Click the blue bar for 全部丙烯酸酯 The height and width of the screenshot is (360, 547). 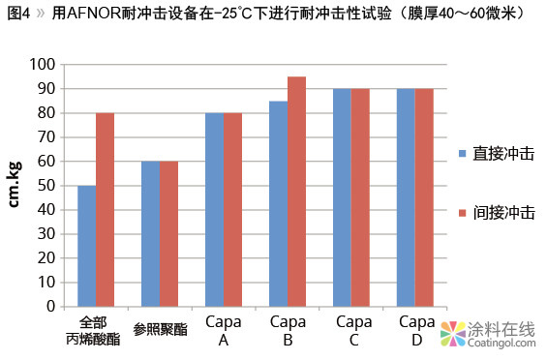pos(87,246)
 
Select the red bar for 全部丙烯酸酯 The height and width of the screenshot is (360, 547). pos(105,210)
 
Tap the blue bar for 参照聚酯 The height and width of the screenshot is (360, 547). pos(151,233)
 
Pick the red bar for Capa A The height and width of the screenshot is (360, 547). pos(232,210)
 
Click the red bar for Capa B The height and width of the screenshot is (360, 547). pos(296,192)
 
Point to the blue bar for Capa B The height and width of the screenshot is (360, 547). pos(278,204)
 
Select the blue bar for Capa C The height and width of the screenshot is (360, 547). pos(342,197)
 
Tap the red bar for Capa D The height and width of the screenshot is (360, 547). pos(424,197)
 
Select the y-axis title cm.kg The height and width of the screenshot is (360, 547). pos(16,184)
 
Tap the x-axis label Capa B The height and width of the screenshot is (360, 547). pos(288,330)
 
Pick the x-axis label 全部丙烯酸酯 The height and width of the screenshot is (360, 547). pos(95,330)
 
